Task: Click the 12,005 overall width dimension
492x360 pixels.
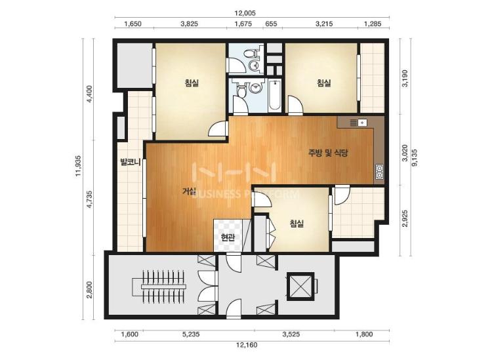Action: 245,13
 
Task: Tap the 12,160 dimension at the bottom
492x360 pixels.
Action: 247,345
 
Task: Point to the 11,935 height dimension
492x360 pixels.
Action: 79,166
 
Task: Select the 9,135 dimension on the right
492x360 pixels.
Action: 415,157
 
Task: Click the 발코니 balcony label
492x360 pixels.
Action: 129,162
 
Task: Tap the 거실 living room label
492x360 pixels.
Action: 189,191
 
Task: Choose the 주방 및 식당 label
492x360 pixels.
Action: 328,153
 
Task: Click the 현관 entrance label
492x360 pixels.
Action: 228,237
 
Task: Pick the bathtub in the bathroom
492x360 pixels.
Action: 275,95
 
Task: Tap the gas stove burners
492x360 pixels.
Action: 379,172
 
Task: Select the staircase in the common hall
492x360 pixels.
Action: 163,287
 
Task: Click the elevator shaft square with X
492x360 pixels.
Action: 300,287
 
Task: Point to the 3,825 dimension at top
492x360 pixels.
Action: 190,24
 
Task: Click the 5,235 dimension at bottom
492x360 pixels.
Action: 191,334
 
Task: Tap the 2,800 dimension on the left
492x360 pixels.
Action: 89,289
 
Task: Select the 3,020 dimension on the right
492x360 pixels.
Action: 405,153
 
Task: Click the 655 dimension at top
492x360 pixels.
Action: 272,24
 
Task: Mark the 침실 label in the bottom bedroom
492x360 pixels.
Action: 297,224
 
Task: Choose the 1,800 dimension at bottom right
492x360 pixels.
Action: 364,334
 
